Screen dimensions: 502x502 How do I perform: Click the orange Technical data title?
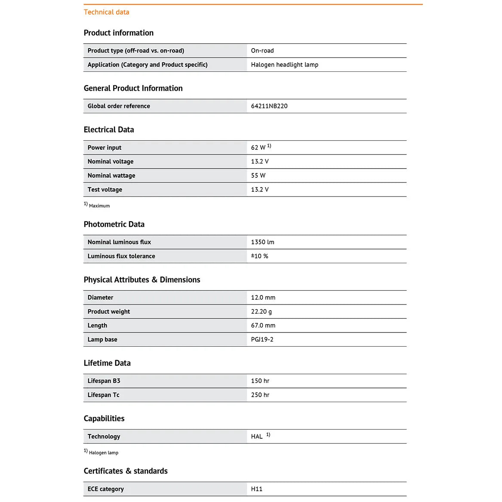(x=106, y=12)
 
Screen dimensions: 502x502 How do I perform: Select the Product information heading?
(x=118, y=33)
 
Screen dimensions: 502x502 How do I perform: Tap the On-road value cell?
(x=262, y=51)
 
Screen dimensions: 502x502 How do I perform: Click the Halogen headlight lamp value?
(x=284, y=65)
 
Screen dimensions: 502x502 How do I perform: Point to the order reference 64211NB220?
(x=269, y=106)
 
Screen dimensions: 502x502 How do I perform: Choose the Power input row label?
(x=105, y=148)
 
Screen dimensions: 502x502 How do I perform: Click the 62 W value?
(x=259, y=148)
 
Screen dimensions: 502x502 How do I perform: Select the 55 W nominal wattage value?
(x=258, y=176)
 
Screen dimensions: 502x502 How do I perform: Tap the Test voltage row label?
(x=105, y=190)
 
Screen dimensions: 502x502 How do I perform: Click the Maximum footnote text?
(x=99, y=206)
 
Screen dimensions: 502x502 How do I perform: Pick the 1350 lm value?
(x=262, y=242)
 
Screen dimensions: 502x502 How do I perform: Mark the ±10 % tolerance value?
(x=259, y=256)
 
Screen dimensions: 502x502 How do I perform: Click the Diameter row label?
(x=100, y=298)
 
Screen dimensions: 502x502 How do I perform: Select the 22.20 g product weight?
(x=261, y=311)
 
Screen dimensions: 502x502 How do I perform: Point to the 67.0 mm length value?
(x=263, y=326)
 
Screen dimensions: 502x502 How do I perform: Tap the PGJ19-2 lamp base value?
(x=262, y=339)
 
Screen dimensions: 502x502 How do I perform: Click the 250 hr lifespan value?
(x=260, y=395)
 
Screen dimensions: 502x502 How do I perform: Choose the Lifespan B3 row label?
(x=104, y=381)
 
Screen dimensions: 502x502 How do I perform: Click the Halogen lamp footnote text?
(x=103, y=453)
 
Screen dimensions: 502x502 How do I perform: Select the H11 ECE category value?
(x=256, y=489)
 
